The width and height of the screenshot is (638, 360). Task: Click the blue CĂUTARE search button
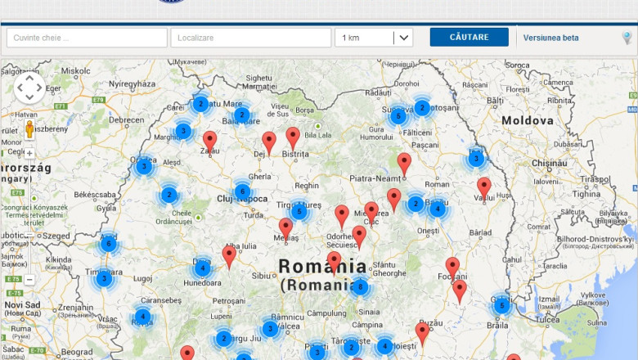[x=469, y=38]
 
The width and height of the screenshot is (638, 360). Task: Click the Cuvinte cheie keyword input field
[x=87, y=38]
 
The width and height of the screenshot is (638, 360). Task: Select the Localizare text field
[x=250, y=38]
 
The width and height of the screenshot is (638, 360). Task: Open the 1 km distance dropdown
[x=373, y=38]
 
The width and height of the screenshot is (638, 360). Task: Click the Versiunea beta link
[x=550, y=38]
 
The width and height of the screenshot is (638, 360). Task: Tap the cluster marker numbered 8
[x=360, y=287]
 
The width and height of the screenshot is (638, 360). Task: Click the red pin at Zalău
[x=209, y=140]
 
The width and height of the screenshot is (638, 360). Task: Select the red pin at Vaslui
[x=484, y=187]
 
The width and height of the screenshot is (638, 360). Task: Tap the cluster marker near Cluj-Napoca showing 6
[x=242, y=192]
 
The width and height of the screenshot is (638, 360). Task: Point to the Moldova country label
[x=528, y=120]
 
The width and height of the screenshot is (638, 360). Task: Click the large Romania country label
[x=322, y=266]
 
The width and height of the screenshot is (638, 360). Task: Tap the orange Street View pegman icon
[x=29, y=129]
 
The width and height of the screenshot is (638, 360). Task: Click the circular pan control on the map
[x=29, y=88]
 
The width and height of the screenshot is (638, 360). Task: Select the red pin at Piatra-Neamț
[x=404, y=162]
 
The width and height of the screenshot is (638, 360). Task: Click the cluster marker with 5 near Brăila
[x=501, y=306]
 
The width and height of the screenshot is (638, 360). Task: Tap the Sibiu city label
[x=262, y=276]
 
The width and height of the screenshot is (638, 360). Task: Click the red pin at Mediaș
[x=285, y=227]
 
